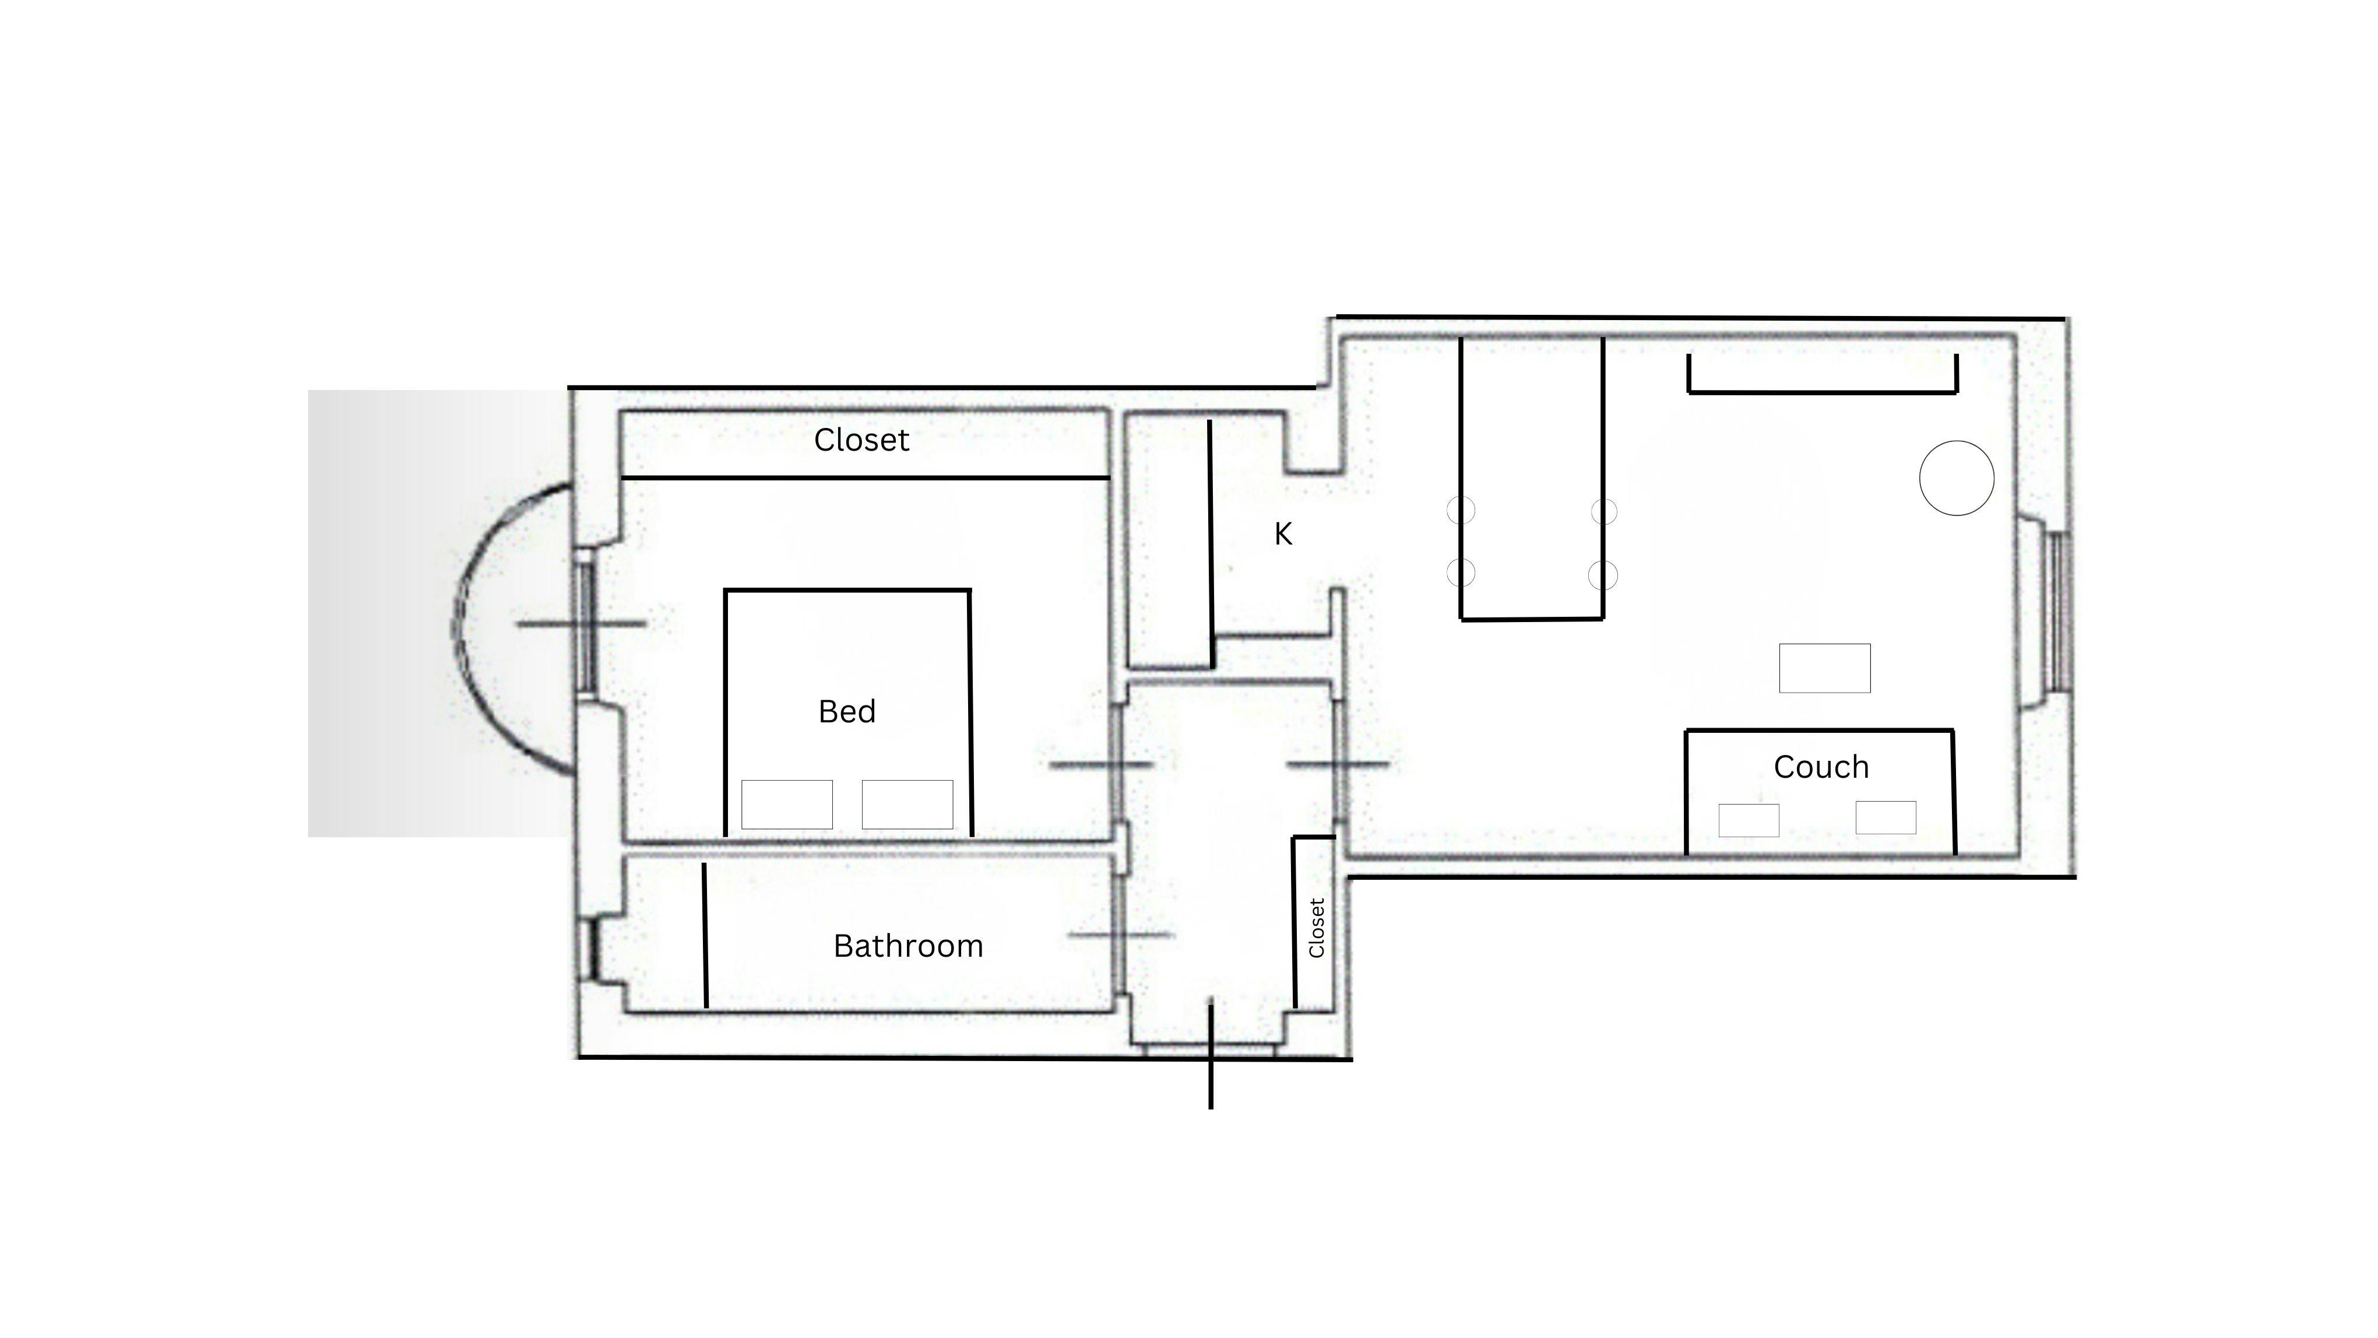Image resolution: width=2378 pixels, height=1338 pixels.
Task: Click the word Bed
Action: click(846, 711)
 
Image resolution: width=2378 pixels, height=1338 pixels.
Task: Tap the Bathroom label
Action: click(909, 946)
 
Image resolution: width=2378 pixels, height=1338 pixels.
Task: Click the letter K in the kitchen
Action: click(1283, 533)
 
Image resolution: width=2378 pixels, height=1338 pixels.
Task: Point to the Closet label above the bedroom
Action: click(861, 440)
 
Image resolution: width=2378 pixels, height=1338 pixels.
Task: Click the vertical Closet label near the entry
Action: click(1317, 927)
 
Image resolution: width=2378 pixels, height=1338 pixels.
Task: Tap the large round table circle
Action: click(1956, 477)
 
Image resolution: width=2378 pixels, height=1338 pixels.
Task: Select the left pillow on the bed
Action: click(786, 805)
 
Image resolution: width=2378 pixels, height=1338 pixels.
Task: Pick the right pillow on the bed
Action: click(907, 805)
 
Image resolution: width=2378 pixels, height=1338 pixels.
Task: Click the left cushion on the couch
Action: click(1749, 820)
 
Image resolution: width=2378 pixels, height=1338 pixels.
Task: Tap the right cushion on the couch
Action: click(1886, 817)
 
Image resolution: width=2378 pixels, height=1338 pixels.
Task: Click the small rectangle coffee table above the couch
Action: click(1825, 668)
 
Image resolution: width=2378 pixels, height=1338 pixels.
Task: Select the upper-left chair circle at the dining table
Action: click(1461, 510)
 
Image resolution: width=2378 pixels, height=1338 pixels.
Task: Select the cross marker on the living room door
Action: click(1338, 764)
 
